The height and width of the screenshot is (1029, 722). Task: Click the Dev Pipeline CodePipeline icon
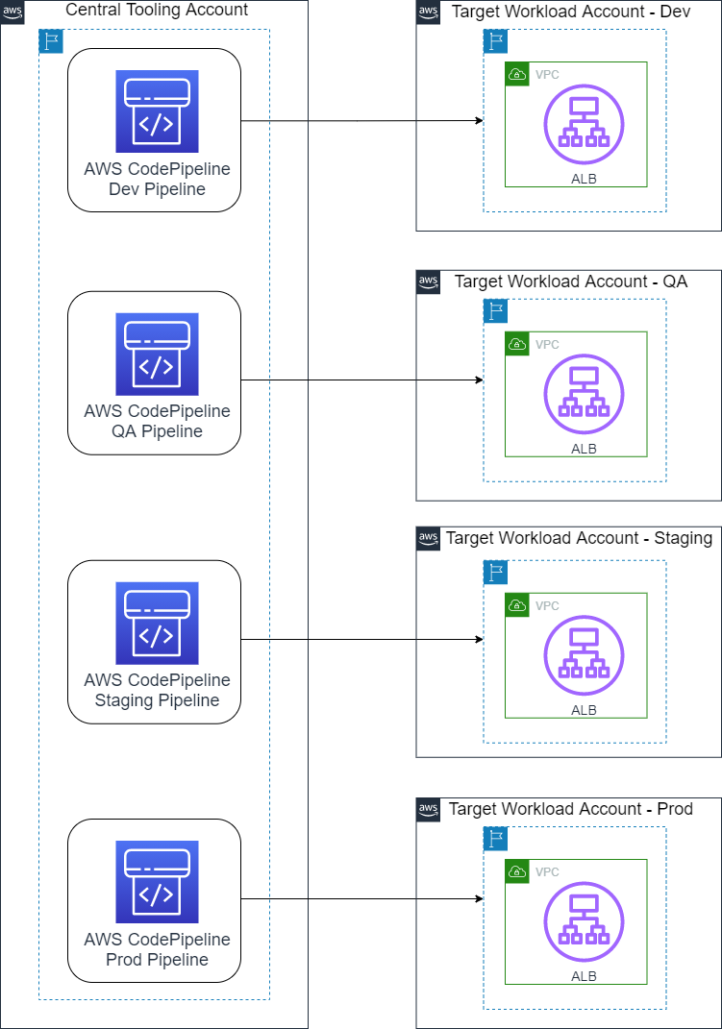(157, 111)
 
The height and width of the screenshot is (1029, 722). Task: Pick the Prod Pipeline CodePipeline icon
(157, 882)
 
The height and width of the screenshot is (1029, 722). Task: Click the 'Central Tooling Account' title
(156, 11)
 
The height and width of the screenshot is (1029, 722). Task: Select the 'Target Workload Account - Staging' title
(579, 538)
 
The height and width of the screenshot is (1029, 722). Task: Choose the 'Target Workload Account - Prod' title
(570, 809)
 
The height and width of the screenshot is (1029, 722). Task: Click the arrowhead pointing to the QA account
(479, 380)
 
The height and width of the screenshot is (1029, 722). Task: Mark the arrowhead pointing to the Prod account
(479, 899)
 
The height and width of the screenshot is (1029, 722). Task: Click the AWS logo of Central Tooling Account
(12, 12)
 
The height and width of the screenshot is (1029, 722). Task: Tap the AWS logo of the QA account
(428, 282)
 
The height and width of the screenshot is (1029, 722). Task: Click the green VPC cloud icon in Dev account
(517, 74)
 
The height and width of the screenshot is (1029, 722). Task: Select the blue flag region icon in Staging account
(495, 573)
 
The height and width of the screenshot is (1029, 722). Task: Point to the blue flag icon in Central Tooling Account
(50, 41)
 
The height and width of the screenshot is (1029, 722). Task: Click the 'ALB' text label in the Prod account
(584, 976)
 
